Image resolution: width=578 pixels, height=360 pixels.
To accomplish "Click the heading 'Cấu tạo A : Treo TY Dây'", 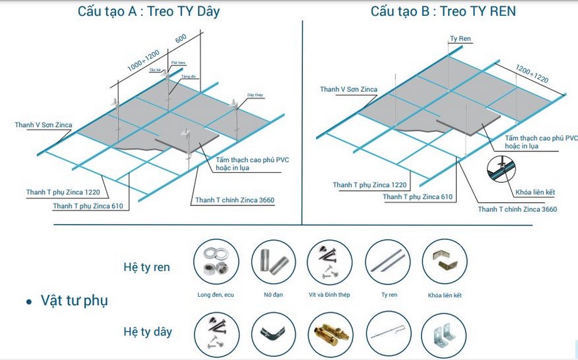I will coord(148,11).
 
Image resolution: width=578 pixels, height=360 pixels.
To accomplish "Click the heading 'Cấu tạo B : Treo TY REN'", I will coord(443,11).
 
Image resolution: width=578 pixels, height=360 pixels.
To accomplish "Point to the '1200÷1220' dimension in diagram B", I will coord(532,74).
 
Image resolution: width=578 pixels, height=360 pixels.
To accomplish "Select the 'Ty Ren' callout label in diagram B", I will coord(460,39).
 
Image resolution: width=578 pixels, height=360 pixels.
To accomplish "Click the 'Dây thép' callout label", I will coord(255,95).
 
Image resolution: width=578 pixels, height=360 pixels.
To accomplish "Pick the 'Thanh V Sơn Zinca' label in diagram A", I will coord(43,125).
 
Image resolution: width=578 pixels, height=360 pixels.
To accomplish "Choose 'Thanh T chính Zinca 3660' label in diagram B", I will coord(517,209).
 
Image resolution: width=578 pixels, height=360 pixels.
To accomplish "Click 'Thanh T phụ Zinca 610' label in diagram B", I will coord(417,197).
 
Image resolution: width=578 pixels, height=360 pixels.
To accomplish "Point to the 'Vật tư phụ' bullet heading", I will coord(74,300).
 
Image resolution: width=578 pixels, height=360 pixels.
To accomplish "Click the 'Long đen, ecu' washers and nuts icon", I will coord(215,262).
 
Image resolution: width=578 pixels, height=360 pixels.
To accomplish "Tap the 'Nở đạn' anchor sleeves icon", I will coord(273,262).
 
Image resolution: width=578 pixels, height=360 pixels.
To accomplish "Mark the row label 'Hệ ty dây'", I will coord(148,331).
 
